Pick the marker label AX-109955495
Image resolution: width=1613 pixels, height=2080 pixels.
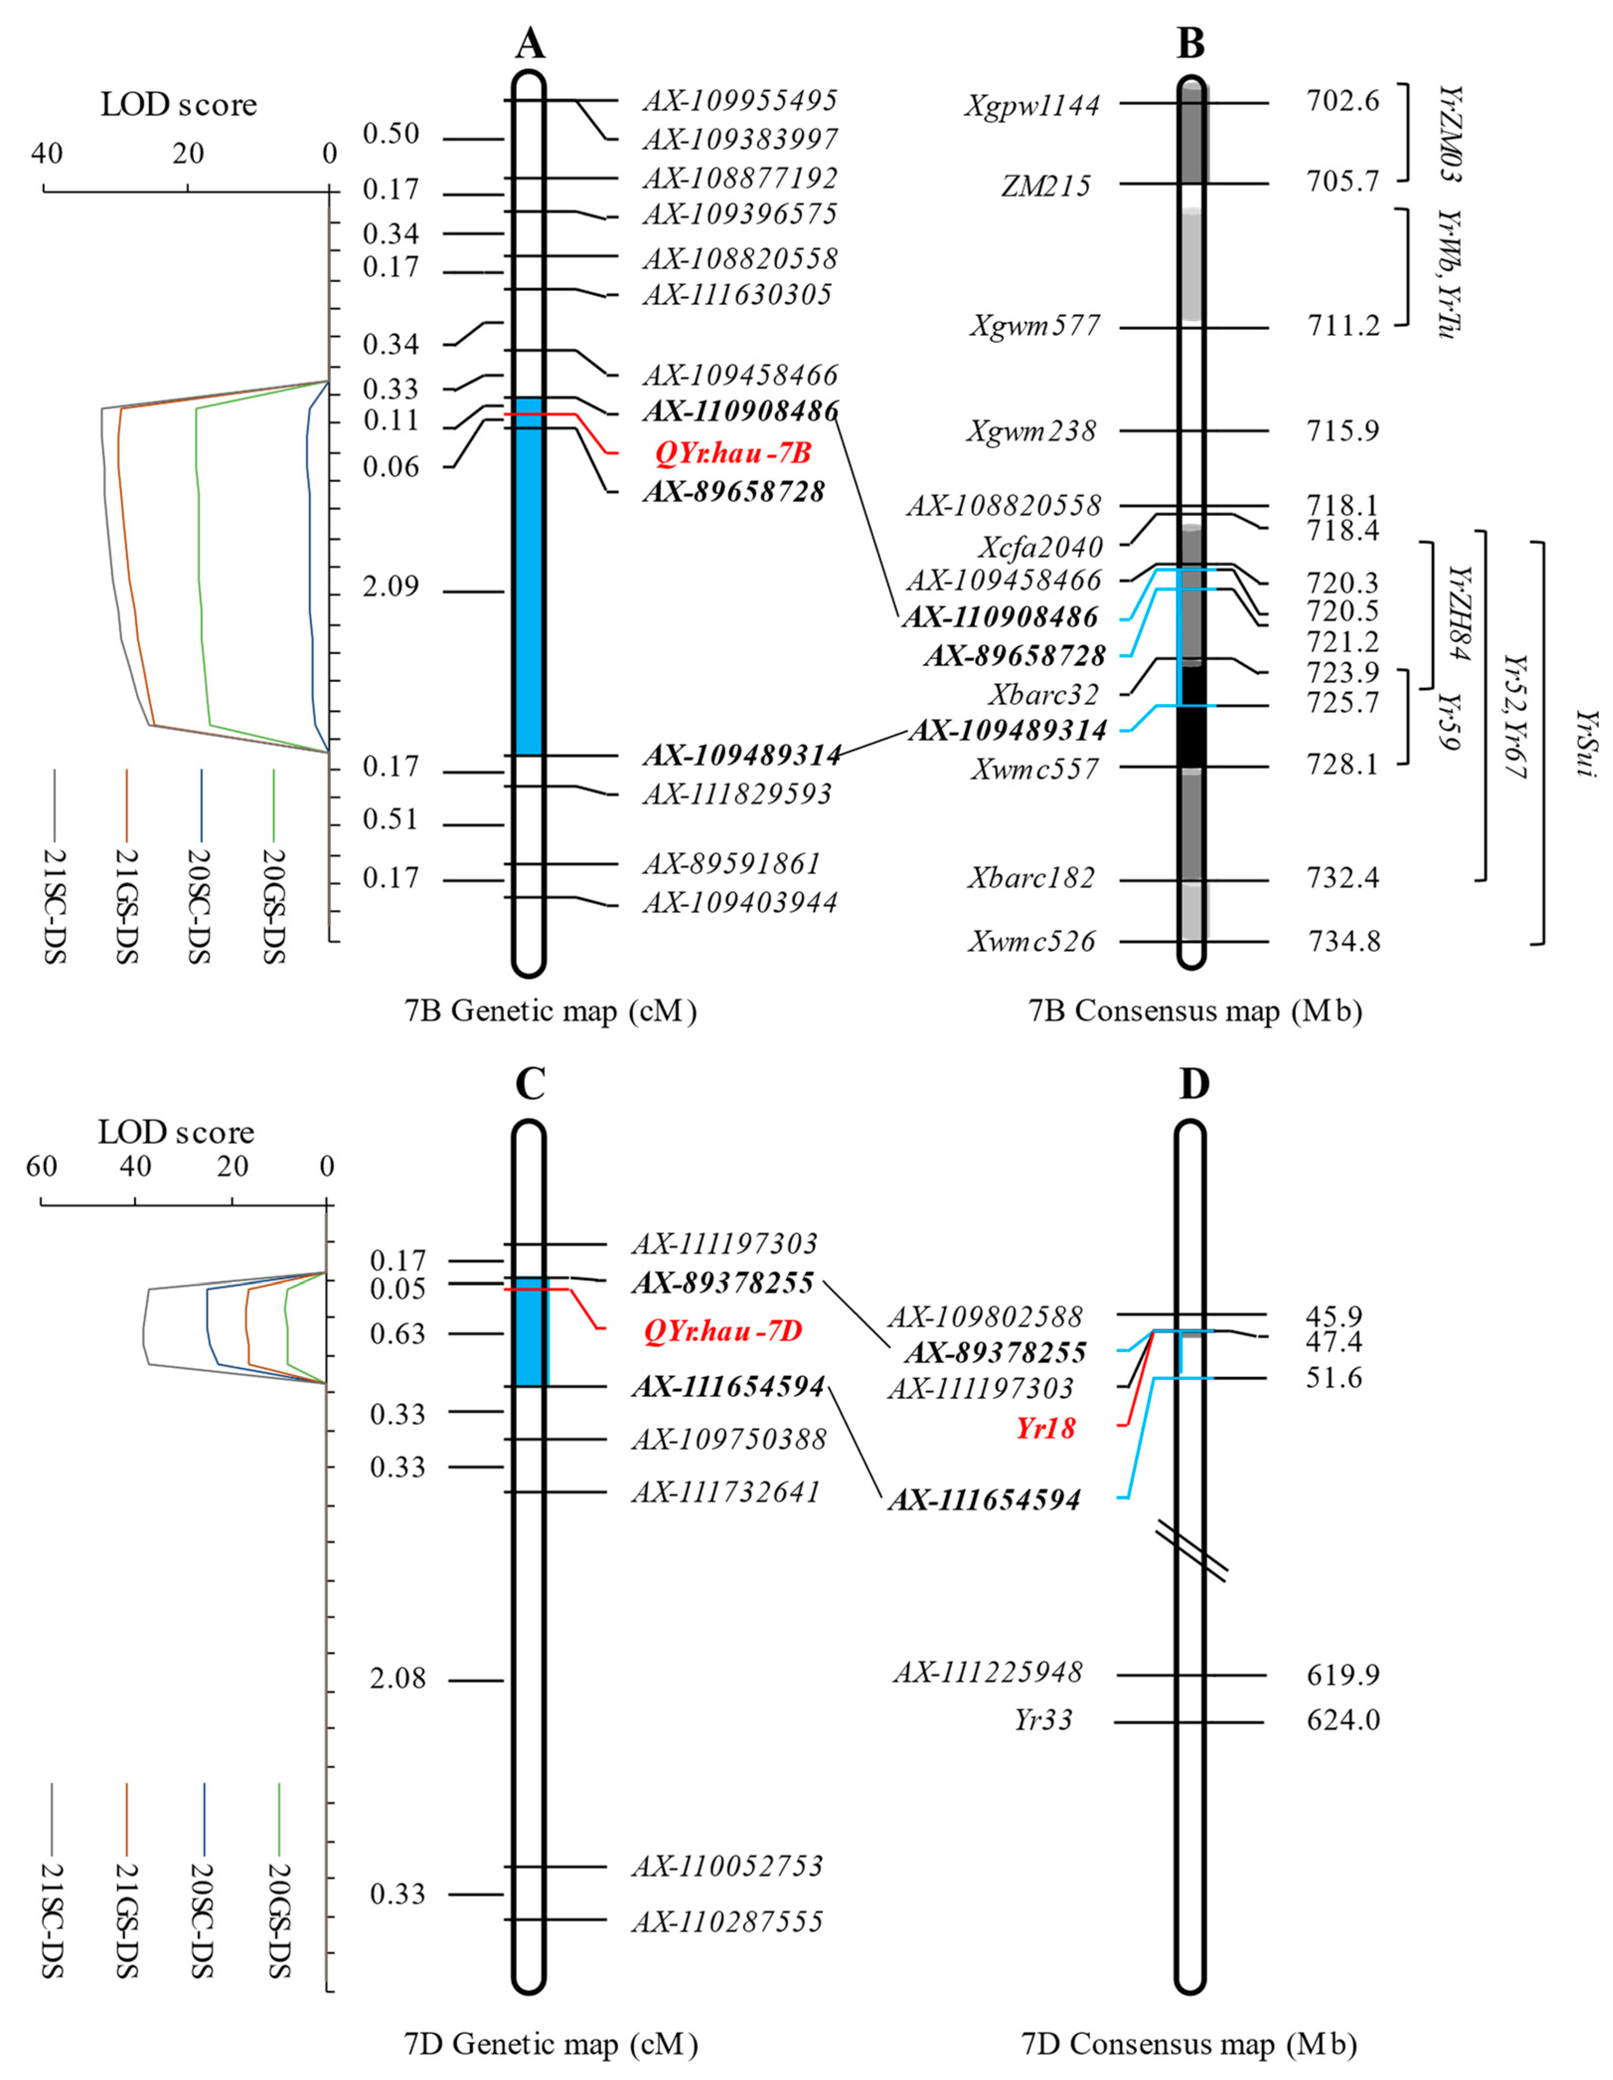point(740,100)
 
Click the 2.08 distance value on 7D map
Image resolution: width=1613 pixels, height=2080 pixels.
point(398,1678)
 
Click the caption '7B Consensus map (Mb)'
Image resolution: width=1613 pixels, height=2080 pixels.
point(1195,1010)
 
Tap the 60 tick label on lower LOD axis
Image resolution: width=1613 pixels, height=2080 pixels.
point(42,1167)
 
